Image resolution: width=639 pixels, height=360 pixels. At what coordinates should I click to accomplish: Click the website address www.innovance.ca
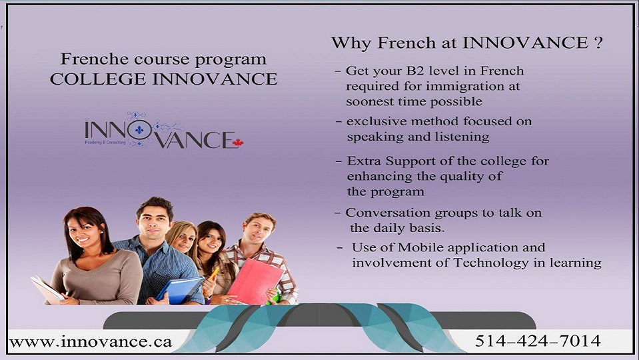91,342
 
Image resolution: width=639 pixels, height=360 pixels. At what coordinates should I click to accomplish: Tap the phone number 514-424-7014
537,341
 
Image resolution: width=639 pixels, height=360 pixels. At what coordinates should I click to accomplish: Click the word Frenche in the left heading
87,59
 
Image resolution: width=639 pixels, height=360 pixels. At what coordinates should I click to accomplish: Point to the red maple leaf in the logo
238,142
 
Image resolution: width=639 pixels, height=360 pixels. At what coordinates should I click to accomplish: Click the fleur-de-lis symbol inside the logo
139,130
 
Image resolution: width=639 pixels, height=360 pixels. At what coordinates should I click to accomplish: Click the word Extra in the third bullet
364,161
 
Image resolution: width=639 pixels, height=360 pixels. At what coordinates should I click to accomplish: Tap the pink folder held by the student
255,280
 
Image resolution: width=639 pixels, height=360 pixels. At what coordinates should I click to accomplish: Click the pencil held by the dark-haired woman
214,273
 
